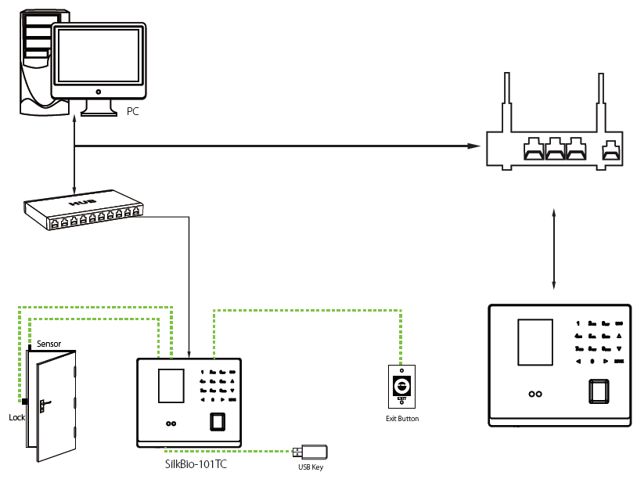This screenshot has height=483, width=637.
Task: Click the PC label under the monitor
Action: [133, 112]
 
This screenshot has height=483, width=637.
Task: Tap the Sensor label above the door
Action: [49, 344]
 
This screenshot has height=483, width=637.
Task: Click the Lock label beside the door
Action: [16, 417]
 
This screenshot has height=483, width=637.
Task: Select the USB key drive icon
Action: [311, 452]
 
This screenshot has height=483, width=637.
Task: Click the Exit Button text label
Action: [402, 419]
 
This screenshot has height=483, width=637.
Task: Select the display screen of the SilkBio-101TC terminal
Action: [170, 387]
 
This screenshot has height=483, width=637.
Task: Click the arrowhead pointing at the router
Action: [473, 146]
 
